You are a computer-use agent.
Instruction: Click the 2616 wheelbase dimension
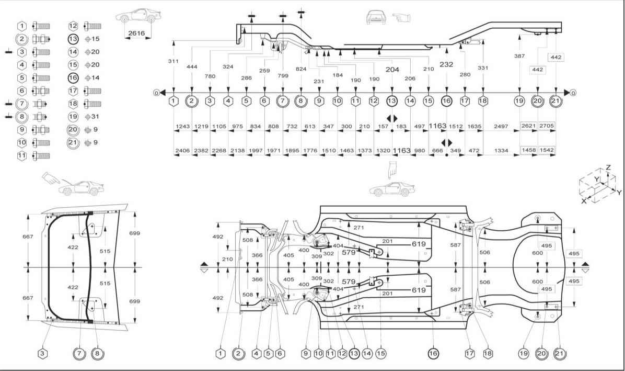[x=136, y=33]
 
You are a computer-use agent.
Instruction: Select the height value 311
[x=173, y=61]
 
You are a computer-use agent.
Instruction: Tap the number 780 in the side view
[x=210, y=76]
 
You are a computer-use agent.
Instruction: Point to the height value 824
[x=301, y=69]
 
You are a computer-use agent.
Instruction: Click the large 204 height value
[x=392, y=70]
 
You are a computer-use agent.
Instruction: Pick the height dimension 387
[x=519, y=56]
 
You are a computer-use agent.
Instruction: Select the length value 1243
[x=182, y=127]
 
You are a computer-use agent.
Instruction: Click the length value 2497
[x=501, y=127]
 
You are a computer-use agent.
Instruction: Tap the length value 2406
[x=182, y=150]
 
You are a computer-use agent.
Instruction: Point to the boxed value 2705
[x=547, y=126]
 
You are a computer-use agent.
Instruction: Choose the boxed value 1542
[x=547, y=150]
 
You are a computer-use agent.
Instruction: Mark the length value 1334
[x=501, y=150]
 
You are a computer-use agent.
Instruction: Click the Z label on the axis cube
[x=608, y=167]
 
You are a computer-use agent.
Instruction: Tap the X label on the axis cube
[x=584, y=201]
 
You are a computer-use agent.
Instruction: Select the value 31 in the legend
[x=95, y=117]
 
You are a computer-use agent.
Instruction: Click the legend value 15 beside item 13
[x=95, y=39]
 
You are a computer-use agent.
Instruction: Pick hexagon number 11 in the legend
[x=22, y=155]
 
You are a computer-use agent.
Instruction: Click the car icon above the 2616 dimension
[x=135, y=16]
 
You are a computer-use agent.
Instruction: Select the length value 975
[x=237, y=127]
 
